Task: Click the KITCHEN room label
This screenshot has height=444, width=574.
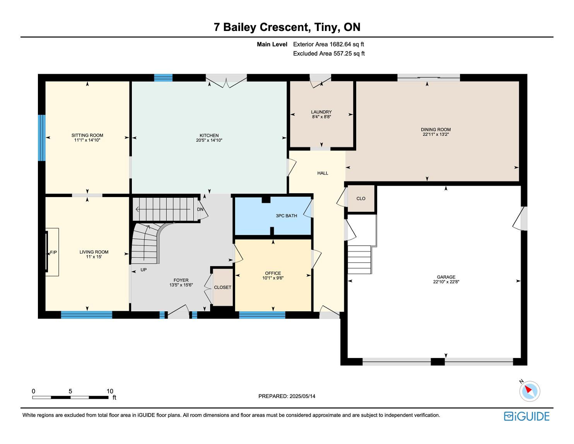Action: click(x=209, y=135)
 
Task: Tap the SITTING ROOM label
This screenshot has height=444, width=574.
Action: click(x=87, y=135)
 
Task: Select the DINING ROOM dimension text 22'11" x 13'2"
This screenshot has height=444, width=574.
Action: click(x=436, y=134)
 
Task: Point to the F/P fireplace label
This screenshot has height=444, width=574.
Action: click(x=53, y=252)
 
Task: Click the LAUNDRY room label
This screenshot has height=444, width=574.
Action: click(x=321, y=112)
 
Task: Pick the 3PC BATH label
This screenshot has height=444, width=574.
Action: click(x=286, y=216)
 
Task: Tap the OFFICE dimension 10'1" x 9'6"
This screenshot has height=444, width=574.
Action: click(x=273, y=278)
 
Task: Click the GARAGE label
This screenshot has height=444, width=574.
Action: click(x=446, y=277)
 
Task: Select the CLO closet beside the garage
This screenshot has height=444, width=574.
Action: click(x=361, y=199)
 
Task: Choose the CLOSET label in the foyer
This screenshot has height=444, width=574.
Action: click(x=222, y=287)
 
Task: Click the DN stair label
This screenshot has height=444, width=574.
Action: click(x=200, y=209)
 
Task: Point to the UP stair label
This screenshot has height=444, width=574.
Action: click(x=143, y=270)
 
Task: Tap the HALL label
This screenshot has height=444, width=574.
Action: click(x=323, y=173)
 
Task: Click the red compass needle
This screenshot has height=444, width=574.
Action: click(x=528, y=389)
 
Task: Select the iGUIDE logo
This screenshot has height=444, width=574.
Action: click(x=527, y=416)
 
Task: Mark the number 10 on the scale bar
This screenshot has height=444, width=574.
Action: click(x=110, y=391)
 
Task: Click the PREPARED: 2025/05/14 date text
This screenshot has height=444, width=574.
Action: click(x=287, y=396)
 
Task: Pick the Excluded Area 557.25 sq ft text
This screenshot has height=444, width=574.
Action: click(x=329, y=53)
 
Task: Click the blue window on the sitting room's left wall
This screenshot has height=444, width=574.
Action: click(x=42, y=138)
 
